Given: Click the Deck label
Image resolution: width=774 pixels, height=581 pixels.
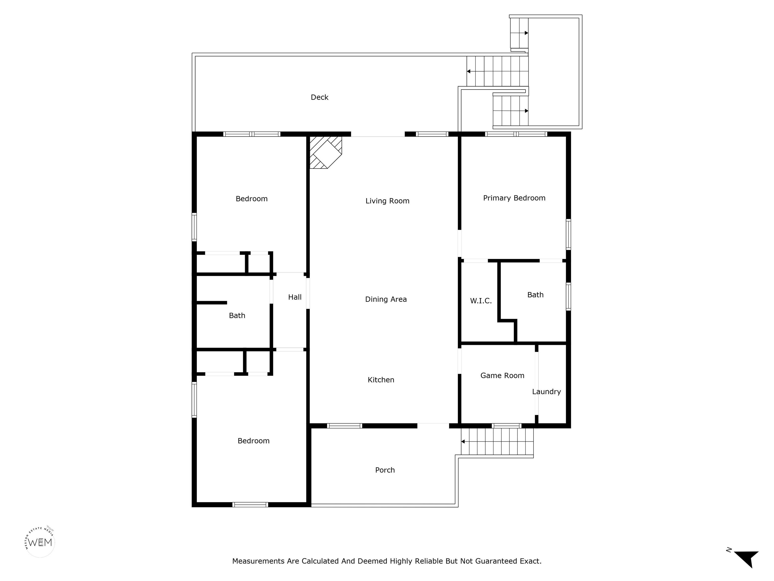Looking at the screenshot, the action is pos(319,97).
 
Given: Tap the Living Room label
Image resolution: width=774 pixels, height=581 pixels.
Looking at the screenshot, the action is pos(387,201).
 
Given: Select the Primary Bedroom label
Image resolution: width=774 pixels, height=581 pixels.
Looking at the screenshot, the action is pos(514,198).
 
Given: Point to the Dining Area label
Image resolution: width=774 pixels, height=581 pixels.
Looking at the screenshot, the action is pos(386,299).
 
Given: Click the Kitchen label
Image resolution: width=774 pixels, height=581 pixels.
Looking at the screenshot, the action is pos(381,380).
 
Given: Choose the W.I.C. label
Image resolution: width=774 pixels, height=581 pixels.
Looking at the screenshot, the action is pos(481,301).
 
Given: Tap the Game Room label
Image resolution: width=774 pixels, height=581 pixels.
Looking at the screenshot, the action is pos(502,376).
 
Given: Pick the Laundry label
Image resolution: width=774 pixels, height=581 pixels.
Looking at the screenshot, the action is pos(546,392).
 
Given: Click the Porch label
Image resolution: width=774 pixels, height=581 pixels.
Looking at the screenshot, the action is pos(385,470).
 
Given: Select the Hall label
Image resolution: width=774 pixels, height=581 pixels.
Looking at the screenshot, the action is pos(295,297).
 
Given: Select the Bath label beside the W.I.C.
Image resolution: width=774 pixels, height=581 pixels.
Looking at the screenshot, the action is pos(535,295).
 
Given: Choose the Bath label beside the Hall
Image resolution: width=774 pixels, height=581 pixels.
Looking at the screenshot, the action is pos(237,315).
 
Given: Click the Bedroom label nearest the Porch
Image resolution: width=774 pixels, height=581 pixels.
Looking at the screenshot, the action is pos(253,441).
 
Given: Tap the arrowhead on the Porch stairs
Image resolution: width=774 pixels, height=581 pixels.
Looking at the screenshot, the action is pos(463,442).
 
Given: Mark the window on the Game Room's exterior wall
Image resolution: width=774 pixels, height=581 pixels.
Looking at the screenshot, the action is pos(506,426).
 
